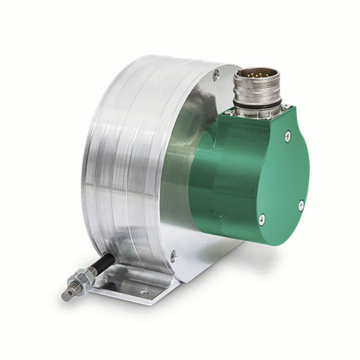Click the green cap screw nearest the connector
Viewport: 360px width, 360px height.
tap(287, 133)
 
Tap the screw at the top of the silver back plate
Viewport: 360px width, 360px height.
tap(215, 72)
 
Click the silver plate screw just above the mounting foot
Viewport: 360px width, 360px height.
tap(172, 253)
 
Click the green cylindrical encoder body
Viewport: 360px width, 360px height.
tap(216, 173)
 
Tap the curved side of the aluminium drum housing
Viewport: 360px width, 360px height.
tap(122, 166)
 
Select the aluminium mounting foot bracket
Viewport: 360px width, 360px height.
tap(137, 284)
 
